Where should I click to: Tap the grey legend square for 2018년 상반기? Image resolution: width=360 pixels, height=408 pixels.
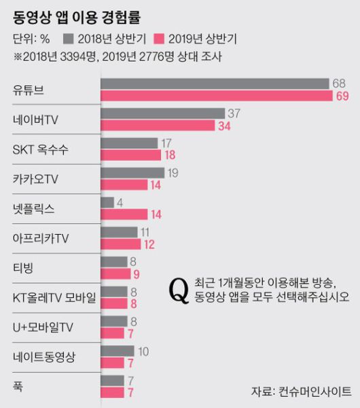[67, 37]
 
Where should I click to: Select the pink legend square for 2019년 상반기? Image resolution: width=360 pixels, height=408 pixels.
[160, 37]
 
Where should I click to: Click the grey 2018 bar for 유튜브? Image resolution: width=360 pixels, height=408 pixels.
[215, 84]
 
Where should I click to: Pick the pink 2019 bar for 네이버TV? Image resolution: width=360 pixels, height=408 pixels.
[157, 126]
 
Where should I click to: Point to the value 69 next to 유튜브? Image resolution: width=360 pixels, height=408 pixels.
[342, 97]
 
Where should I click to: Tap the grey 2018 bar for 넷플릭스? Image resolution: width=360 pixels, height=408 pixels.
[107, 202]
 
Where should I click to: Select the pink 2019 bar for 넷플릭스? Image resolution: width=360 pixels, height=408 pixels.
[123, 215]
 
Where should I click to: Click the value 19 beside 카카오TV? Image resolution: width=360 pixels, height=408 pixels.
[173, 173]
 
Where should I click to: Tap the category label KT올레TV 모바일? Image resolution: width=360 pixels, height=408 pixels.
[55, 297]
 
